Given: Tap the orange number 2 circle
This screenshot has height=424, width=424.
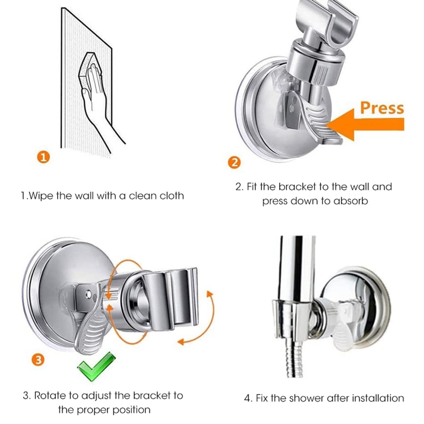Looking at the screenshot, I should point(234,162).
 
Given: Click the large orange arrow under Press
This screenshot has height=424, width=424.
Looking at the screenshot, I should point(364,124).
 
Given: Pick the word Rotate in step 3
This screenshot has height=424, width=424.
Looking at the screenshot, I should point(50,395).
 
